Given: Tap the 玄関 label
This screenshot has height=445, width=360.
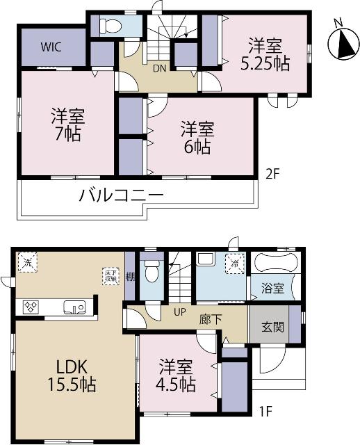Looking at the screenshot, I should coord(272,327).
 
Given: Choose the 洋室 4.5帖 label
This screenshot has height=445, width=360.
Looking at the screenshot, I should coord(176,375).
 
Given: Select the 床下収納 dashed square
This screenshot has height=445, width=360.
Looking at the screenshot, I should coord(111,275).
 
